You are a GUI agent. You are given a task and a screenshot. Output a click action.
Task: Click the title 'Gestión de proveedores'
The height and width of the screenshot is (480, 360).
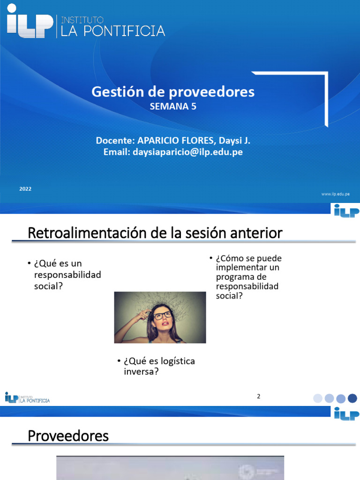[x=173, y=91]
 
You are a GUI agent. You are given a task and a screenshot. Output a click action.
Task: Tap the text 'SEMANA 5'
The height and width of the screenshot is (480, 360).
[x=173, y=107]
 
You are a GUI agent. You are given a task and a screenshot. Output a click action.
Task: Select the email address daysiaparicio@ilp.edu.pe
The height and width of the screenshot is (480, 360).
[x=187, y=152]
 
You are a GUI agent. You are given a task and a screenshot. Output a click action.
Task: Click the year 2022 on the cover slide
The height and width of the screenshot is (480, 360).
[x=25, y=189]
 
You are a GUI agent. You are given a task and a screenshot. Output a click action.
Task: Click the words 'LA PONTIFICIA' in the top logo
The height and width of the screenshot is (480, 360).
[x=111, y=31]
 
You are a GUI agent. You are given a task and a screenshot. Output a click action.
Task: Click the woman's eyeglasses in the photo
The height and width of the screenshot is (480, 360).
[x=162, y=315]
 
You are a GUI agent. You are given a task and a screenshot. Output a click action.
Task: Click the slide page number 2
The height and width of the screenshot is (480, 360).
[x=258, y=397]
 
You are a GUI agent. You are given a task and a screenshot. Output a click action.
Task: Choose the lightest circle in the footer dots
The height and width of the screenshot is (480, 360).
[x=318, y=398]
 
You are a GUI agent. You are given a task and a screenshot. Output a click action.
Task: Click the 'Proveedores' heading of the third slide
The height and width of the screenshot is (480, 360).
[x=68, y=436]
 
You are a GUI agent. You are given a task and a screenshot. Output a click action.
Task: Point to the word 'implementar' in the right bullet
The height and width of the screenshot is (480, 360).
[x=240, y=268]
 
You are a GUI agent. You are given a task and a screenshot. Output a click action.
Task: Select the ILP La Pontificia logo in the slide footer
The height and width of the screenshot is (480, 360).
[x=27, y=398]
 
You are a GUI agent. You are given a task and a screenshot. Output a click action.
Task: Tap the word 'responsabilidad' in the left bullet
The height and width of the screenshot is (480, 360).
[x=67, y=275]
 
